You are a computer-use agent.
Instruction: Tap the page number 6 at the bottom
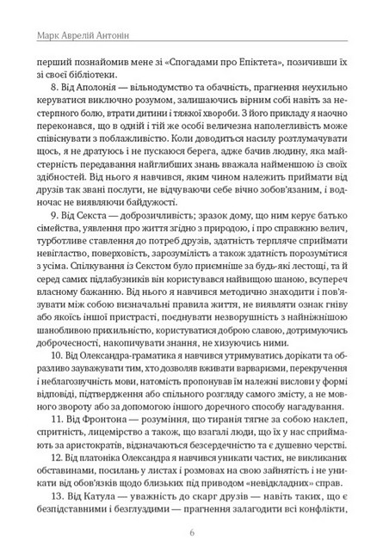pyautogui.click(x=191, y=531)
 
